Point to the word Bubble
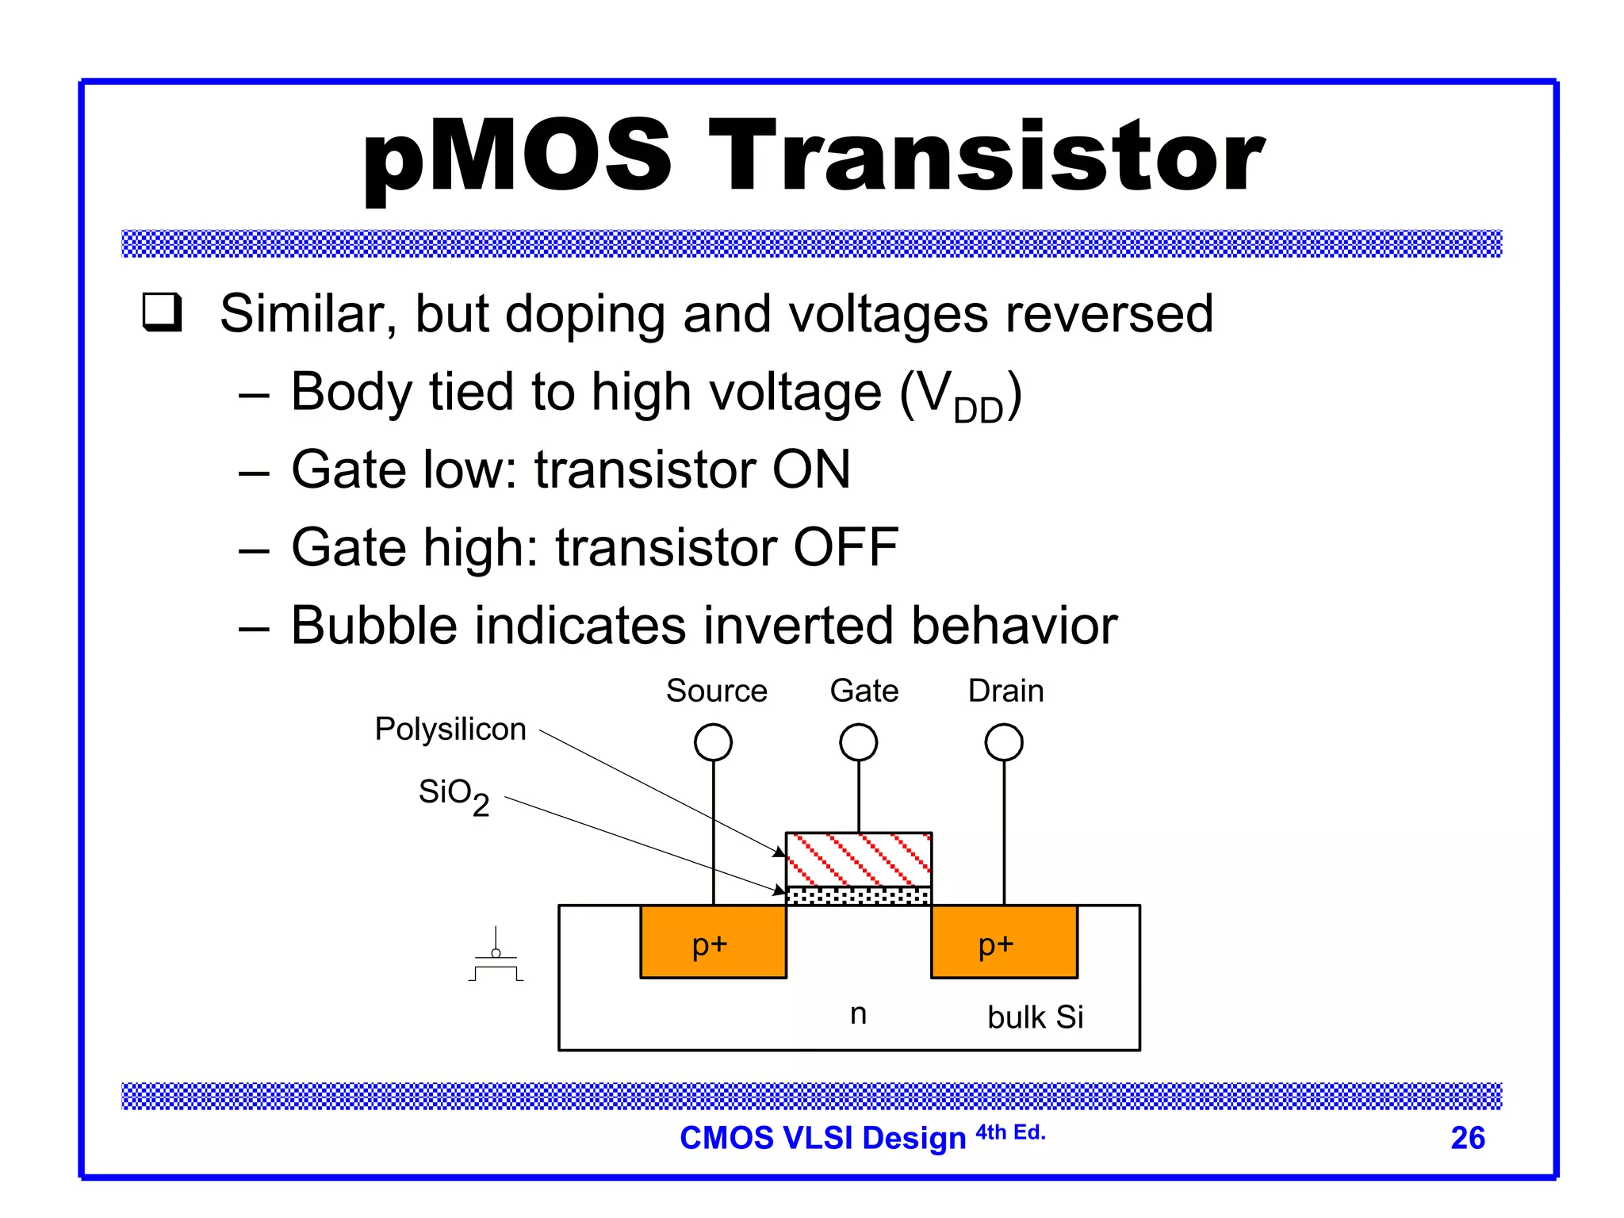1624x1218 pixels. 373,626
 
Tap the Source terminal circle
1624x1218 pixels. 713,743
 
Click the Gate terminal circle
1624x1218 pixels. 858,743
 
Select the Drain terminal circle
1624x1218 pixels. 1004,743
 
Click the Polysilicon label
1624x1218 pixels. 450,729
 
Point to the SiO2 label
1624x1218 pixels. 454,795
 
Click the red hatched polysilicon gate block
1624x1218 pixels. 858,860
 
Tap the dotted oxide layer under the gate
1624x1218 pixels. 858,896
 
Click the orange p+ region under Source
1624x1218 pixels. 713,943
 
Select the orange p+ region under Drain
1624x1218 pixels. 1004,943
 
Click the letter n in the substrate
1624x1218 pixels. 858,1013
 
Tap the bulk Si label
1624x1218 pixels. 1035,1017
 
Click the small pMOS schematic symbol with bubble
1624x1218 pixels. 496,958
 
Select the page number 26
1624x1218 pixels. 1467,1138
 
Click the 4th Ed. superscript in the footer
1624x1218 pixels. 1010,1132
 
